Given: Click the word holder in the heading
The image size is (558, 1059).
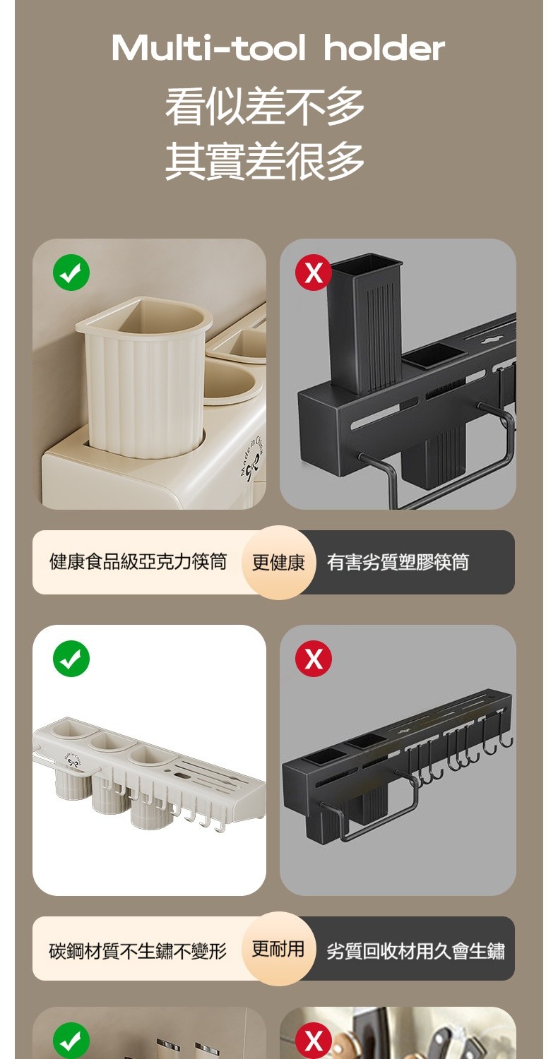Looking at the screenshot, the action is [x=384, y=48].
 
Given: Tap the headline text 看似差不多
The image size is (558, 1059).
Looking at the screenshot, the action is [x=265, y=107].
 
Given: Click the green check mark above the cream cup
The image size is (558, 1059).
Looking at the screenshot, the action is [x=71, y=273].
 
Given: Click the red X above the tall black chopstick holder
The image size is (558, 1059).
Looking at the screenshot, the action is [x=313, y=273].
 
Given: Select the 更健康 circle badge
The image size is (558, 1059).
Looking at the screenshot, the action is [x=278, y=563].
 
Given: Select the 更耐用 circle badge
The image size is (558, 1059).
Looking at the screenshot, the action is [x=278, y=948].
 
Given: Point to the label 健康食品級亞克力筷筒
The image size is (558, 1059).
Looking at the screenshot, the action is [x=138, y=562].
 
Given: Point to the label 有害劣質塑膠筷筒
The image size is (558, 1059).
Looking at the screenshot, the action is [x=398, y=562].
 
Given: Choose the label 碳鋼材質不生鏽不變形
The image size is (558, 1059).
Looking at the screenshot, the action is [x=138, y=951].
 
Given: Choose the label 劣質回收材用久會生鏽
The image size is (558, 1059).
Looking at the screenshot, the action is [x=415, y=951].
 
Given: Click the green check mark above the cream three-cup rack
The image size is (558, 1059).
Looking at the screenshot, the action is [x=71, y=658].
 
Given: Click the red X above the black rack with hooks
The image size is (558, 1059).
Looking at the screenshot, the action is [x=313, y=658].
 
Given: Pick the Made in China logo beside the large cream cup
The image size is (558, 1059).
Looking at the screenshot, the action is [x=254, y=457].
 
